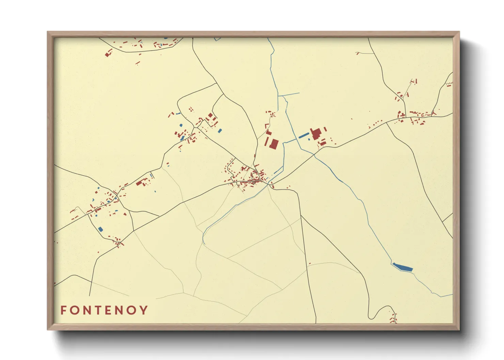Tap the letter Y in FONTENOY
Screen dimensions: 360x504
tap(144, 310)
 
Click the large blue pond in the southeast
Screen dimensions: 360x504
tap(403, 267)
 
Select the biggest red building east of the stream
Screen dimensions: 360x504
tap(316, 134)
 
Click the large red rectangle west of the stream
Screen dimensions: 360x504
tap(273, 144)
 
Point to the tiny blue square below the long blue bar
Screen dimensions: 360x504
tap(309, 140)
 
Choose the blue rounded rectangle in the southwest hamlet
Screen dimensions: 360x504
tap(100, 229)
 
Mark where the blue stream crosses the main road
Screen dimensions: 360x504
tap(314, 154)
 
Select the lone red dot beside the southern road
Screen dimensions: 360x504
tap(310, 263)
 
